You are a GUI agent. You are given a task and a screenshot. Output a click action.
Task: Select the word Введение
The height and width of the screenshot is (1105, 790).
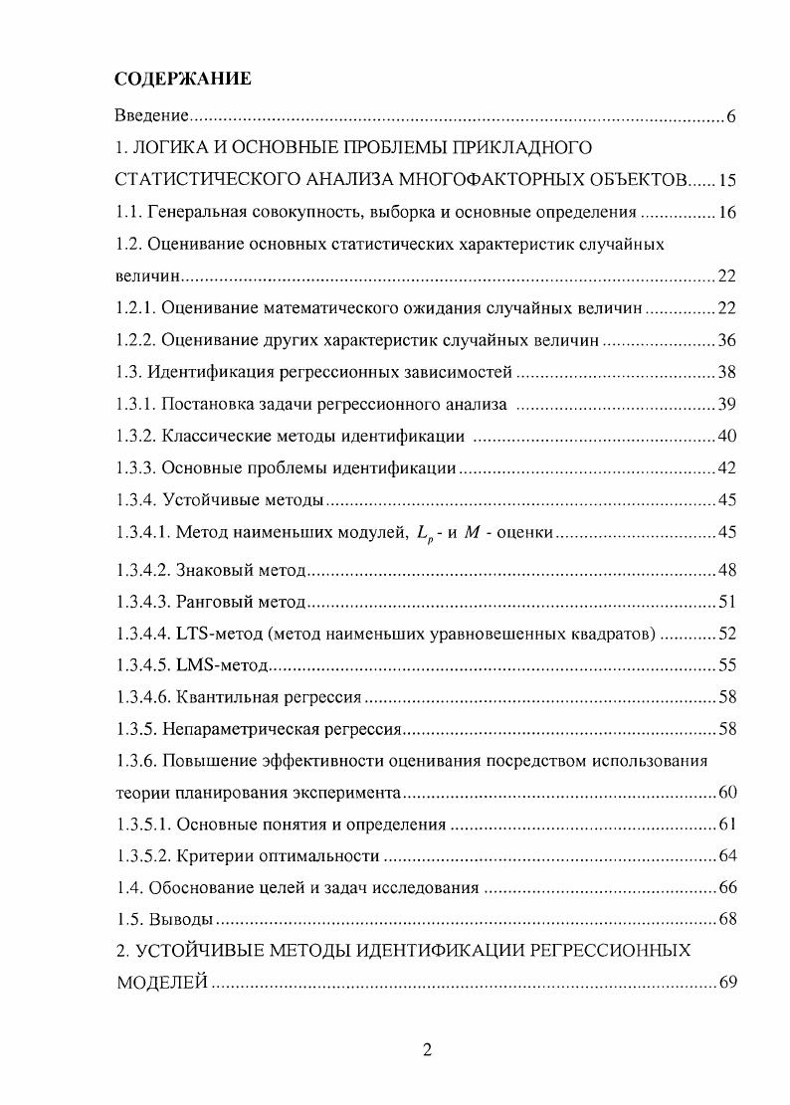(147, 117)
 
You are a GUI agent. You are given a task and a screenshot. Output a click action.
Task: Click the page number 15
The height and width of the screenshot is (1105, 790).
(725, 180)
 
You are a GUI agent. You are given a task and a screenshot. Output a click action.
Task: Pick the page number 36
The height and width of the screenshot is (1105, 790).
(725, 340)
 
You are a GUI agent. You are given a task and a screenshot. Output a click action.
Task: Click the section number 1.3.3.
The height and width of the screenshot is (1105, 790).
(136, 467)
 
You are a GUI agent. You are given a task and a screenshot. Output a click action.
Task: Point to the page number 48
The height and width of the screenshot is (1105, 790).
(725, 570)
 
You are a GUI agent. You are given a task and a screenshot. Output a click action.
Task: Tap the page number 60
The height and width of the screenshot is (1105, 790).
(725, 793)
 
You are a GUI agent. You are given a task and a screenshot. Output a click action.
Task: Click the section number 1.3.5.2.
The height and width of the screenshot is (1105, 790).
(142, 855)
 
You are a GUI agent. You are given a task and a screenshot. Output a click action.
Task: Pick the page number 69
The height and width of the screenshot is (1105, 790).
(725, 983)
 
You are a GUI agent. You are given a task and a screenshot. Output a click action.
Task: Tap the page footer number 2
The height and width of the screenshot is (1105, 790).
(427, 1051)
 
